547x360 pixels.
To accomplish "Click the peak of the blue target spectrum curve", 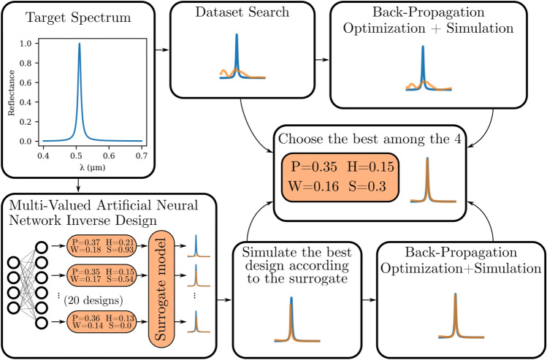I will tap(80, 45).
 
